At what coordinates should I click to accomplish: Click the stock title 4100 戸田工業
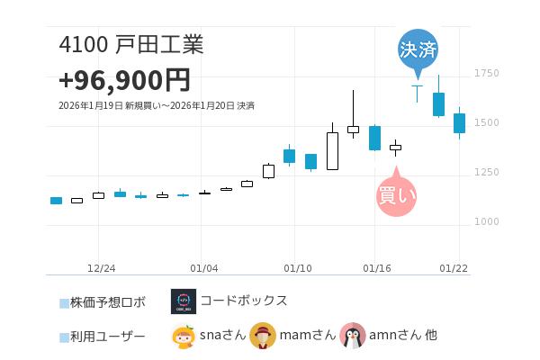click(130, 45)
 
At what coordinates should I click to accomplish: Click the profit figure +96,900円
click(124, 80)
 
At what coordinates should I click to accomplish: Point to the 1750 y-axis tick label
click(486, 73)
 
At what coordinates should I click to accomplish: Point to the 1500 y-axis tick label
click(486, 122)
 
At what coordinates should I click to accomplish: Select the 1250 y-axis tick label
click(486, 172)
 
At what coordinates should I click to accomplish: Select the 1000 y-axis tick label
click(486, 221)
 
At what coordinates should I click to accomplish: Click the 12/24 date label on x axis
click(101, 268)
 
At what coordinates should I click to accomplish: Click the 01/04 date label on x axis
click(204, 268)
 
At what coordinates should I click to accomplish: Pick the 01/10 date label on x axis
click(298, 268)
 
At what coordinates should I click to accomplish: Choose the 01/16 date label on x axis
click(376, 268)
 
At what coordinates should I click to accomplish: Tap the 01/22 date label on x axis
click(454, 268)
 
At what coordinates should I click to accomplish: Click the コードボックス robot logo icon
click(184, 301)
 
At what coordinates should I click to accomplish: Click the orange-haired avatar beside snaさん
click(184, 336)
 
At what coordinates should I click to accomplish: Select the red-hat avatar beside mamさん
click(263, 336)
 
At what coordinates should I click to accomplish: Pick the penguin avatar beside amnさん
click(353, 336)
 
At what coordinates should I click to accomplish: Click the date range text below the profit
click(156, 106)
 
